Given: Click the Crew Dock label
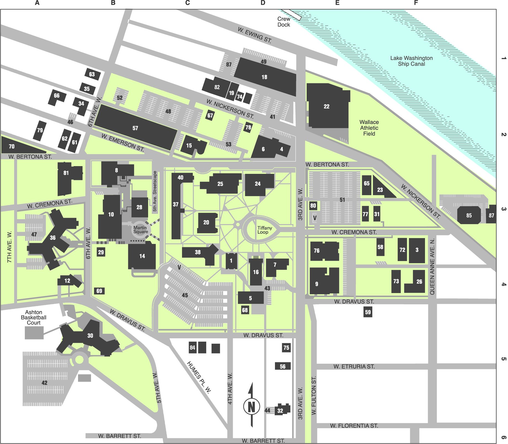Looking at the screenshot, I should click(x=284, y=22).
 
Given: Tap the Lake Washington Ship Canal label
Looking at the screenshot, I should click(x=411, y=61).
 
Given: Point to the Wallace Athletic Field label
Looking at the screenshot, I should click(x=369, y=128).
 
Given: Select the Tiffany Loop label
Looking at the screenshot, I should click(x=264, y=230).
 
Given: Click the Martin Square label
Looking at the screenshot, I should click(x=140, y=230).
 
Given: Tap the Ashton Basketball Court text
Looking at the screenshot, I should click(x=34, y=317).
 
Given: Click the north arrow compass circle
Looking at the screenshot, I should click(x=252, y=406).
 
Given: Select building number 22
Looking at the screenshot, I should click(x=327, y=107).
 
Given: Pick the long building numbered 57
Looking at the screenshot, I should click(x=135, y=128).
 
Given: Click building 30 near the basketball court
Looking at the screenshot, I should click(x=90, y=336).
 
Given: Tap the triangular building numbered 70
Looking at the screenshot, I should click(x=12, y=147).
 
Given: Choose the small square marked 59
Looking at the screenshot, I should click(x=368, y=312).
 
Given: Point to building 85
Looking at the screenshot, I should click(x=469, y=215).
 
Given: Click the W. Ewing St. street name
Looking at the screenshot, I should click(x=255, y=35).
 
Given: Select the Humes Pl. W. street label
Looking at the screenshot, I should click(x=199, y=377).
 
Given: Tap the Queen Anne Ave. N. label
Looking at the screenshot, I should click(x=432, y=267).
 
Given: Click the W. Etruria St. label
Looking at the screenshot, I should click(x=354, y=366).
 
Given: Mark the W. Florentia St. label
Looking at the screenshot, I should click(x=354, y=426).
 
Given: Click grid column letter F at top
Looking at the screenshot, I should click(x=416, y=3).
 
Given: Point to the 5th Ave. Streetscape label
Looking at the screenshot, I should click(x=155, y=191).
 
